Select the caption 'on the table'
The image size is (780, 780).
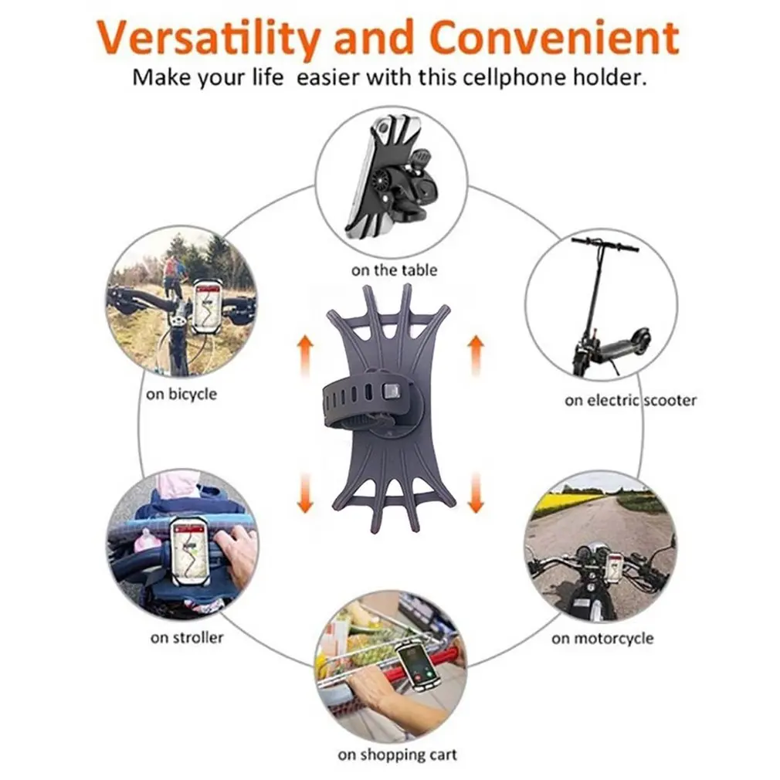(x=394, y=270)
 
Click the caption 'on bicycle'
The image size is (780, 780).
(x=181, y=394)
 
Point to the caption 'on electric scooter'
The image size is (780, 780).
(x=630, y=400)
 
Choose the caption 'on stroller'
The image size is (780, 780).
(x=188, y=638)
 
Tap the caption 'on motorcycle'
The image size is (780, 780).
(x=602, y=639)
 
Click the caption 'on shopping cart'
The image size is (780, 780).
(x=397, y=755)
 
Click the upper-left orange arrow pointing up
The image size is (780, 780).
(x=306, y=356)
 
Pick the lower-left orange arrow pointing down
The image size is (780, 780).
(x=306, y=492)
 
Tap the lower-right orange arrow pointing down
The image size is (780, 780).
(x=476, y=492)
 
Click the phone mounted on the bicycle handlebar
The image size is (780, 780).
(x=206, y=306)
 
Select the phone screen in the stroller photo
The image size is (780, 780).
(x=188, y=549)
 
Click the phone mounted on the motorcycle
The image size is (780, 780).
(x=614, y=568)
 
